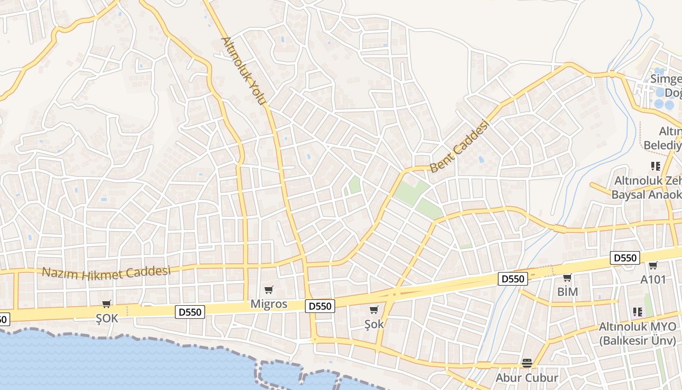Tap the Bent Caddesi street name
[459, 146]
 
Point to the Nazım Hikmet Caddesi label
[106, 272]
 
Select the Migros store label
[269, 304]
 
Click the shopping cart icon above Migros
[269, 290]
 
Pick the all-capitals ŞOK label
[107, 318]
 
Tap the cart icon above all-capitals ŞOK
[107, 304]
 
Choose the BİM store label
[568, 292]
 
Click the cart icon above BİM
[567, 278]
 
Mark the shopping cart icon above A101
[653, 266]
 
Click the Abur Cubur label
[527, 378]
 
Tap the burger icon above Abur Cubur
[527, 363]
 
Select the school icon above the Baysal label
[655, 166]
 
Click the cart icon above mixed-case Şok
[374, 310]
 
